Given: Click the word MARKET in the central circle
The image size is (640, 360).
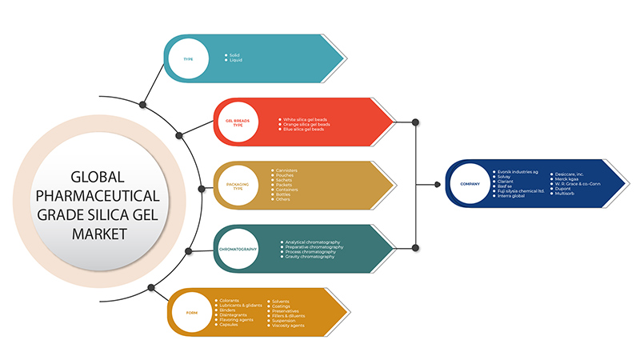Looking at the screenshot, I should [98, 233].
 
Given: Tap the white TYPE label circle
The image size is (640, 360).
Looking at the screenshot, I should [188, 58].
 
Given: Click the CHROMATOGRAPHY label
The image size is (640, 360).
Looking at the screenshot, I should [238, 250].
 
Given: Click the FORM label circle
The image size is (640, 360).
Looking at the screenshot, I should [192, 314].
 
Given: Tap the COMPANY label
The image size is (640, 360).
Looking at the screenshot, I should [470, 183].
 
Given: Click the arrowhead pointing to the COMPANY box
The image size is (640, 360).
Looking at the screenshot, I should [438, 185].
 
